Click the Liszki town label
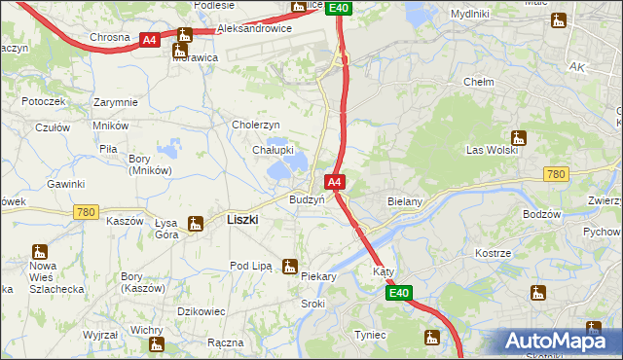[x=241, y=220]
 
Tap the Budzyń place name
[x=307, y=199]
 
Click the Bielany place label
[x=404, y=201]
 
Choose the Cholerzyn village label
[x=255, y=125]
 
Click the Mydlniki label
[x=470, y=15]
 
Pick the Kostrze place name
[x=493, y=253]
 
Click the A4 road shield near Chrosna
[x=149, y=40]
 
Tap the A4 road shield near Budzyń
[x=334, y=182]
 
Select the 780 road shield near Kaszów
[x=86, y=212]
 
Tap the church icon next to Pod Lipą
[x=289, y=266]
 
